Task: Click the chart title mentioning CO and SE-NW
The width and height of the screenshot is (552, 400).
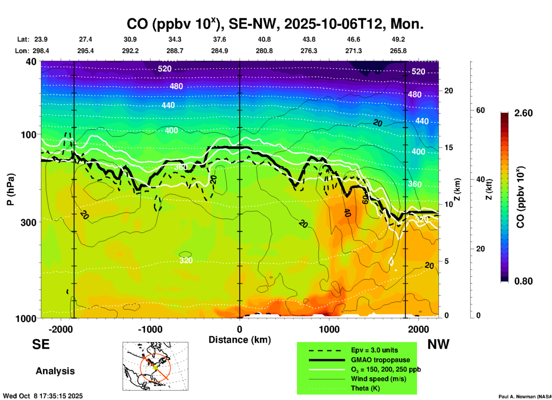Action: coord(275,24)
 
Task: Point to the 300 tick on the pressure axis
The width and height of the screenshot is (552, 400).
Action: coord(28,222)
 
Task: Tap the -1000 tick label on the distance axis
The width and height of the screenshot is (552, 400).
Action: coord(150,329)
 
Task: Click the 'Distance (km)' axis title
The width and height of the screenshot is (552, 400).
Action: coord(240,340)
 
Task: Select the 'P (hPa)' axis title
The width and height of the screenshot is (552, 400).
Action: coord(11,189)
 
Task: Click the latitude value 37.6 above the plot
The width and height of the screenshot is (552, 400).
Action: coord(220,39)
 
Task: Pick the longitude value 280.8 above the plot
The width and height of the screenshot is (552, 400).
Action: coord(264,51)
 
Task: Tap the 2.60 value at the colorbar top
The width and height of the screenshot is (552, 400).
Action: coord(523,113)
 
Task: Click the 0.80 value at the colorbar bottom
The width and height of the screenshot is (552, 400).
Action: coord(523,281)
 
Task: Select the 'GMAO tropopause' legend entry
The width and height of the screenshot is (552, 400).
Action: coord(380,360)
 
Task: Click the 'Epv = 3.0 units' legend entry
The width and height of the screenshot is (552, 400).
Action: coord(374,350)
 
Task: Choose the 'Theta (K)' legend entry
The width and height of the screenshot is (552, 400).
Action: coord(365,388)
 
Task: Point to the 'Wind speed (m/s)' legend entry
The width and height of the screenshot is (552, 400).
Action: coord(378,379)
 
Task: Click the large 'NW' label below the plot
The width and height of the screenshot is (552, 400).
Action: coord(438,344)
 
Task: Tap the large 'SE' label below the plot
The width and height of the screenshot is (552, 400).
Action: coord(41,344)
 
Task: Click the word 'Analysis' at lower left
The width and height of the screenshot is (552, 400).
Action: coord(55,371)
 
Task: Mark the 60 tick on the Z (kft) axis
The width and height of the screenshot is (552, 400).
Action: coord(480,110)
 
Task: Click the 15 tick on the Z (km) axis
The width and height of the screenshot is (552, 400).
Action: coord(449,147)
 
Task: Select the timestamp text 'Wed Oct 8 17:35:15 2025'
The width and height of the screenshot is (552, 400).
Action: coord(43,396)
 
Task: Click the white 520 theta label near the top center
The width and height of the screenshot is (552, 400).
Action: coord(165,69)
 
